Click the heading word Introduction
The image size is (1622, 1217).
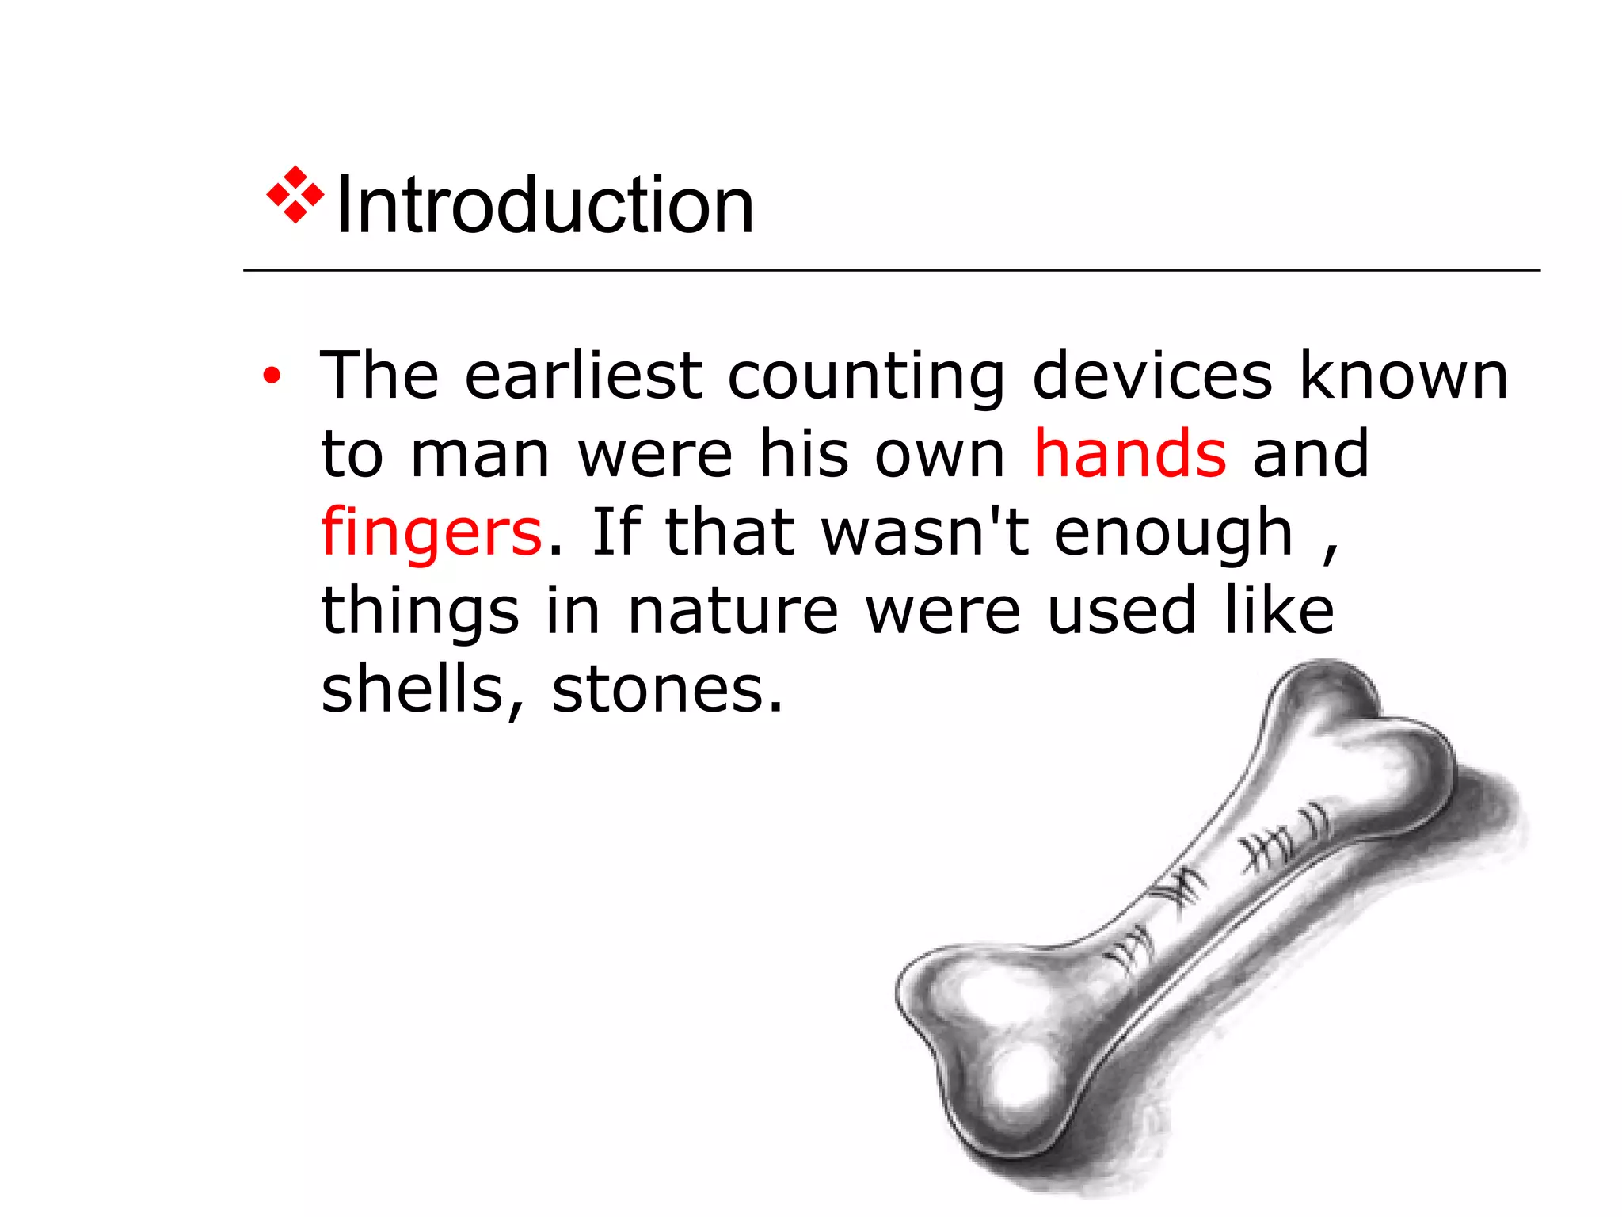coord(545,205)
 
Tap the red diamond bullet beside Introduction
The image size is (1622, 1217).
coord(295,195)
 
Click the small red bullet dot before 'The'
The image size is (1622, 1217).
coord(272,376)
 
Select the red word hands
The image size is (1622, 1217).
coord(1130,453)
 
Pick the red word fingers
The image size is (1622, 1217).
coord(432,532)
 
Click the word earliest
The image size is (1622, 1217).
coord(583,375)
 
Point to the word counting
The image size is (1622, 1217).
coord(866,376)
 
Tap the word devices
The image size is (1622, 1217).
coord(1152,375)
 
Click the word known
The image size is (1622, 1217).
coord(1403,375)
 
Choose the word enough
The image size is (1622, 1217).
coord(1173,533)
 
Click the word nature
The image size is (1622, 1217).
coord(733,611)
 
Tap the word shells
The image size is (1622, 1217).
coord(412,689)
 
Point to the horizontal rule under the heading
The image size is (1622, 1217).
coord(891,270)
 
